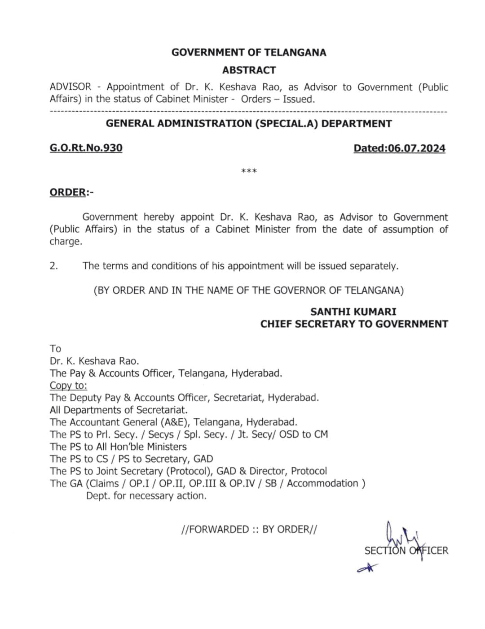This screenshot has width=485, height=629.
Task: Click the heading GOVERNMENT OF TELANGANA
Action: point(249,52)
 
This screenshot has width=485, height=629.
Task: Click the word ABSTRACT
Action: point(249,70)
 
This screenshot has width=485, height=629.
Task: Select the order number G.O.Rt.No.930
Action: point(86,148)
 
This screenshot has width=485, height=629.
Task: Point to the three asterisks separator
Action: point(249,171)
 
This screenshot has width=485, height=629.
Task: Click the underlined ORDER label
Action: point(68,192)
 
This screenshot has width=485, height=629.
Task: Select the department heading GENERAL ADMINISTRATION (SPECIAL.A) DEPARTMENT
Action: point(249,124)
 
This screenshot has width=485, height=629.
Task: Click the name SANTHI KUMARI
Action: point(353,312)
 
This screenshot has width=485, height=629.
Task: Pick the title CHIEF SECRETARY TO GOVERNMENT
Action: point(354,324)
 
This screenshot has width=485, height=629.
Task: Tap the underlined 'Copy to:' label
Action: point(68,386)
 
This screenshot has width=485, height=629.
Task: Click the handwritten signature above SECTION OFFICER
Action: point(400,536)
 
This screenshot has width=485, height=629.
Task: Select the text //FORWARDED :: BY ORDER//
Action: point(249,529)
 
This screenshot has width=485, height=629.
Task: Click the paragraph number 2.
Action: point(54,266)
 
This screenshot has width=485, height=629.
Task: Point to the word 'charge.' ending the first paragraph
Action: point(66,242)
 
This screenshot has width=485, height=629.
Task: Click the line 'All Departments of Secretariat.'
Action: point(119,410)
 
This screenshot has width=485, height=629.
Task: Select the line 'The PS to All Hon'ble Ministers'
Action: point(118,447)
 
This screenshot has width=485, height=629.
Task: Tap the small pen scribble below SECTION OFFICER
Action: point(367,568)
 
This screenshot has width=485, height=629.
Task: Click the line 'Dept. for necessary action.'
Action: point(146,496)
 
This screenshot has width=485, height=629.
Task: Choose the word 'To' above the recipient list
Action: point(55,349)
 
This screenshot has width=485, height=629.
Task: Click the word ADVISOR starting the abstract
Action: point(71,87)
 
